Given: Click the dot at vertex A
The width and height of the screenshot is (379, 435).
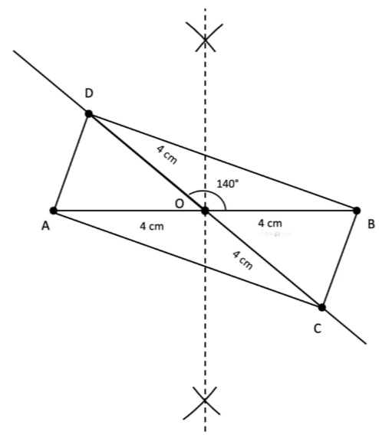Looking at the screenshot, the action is pyautogui.click(x=54, y=211).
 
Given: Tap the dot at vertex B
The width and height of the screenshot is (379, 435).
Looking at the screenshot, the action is pyautogui.click(x=357, y=211).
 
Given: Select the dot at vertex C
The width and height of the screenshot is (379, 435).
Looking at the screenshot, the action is pyautogui.click(x=321, y=307).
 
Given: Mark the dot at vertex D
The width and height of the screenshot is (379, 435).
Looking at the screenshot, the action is pyautogui.click(x=89, y=114).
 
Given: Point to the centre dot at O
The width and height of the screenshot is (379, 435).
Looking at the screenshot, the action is pyautogui.click(x=205, y=211).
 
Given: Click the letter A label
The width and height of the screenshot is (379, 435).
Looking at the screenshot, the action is pyautogui.click(x=45, y=226).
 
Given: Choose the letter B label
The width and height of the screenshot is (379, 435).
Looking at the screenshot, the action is pyautogui.click(x=371, y=224).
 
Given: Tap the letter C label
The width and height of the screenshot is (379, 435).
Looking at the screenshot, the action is pyautogui.click(x=318, y=329).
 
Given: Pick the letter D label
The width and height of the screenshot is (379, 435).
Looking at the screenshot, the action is pyautogui.click(x=89, y=93).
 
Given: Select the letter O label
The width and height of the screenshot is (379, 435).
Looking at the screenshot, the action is pyautogui.click(x=180, y=204).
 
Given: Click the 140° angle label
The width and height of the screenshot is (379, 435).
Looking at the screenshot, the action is pyautogui.click(x=228, y=184).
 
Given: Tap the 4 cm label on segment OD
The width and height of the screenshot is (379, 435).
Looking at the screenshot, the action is pyautogui.click(x=166, y=155).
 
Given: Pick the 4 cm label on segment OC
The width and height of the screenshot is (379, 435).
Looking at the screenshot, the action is pyautogui.click(x=242, y=260).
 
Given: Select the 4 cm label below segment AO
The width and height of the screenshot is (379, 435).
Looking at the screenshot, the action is pyautogui.click(x=152, y=227).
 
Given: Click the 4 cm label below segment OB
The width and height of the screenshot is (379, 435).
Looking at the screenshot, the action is pyautogui.click(x=270, y=224).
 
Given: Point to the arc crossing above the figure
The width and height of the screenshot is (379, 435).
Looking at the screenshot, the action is pyautogui.click(x=205, y=39).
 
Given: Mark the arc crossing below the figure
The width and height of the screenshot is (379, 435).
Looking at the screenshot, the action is pyautogui.click(x=205, y=400).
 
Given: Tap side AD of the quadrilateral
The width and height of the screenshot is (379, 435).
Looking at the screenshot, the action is pyautogui.click(x=71, y=162).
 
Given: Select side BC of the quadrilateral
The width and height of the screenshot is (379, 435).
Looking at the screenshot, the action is pyautogui.click(x=339, y=259).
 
